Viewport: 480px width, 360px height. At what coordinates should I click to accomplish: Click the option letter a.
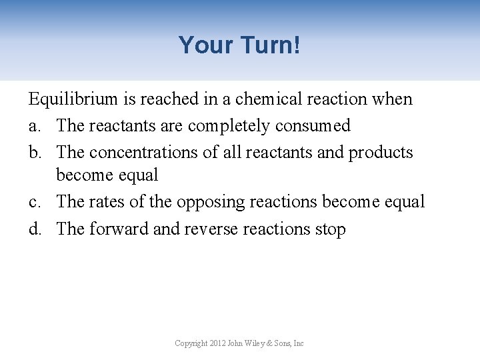click(33, 126)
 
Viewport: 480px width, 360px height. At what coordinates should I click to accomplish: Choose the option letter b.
click(34, 152)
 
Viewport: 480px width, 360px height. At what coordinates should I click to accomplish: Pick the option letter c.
click(33, 201)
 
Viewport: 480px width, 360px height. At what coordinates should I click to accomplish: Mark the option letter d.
click(34, 229)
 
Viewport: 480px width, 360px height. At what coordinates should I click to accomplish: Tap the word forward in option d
click(119, 229)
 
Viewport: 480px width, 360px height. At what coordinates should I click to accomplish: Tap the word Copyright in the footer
click(190, 343)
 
